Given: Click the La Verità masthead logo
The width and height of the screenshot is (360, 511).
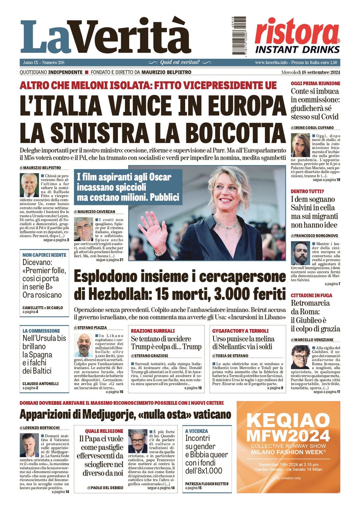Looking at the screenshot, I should [x=105, y=37].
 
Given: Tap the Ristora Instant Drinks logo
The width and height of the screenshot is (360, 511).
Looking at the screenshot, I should [x=297, y=36].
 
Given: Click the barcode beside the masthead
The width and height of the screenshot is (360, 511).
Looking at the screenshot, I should [x=239, y=36].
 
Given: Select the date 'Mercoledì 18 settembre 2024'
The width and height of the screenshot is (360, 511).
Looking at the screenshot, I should [x=310, y=72].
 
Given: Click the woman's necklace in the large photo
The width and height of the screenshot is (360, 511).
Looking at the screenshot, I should [x=225, y=222].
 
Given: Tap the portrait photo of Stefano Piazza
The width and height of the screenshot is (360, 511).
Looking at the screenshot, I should [x=84, y=345].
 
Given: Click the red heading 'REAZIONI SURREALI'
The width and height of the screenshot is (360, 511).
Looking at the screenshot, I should [x=153, y=331].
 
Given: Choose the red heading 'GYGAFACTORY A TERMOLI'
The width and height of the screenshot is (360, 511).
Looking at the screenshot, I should [x=240, y=331].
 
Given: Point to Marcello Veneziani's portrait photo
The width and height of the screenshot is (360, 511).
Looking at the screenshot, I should [x=300, y=357].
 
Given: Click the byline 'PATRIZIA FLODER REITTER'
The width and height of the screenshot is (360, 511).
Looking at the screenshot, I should [x=207, y=484].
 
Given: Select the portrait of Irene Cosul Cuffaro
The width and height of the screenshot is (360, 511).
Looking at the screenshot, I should [x=300, y=145].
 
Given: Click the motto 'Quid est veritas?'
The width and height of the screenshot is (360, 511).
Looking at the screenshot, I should [x=180, y=62].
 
